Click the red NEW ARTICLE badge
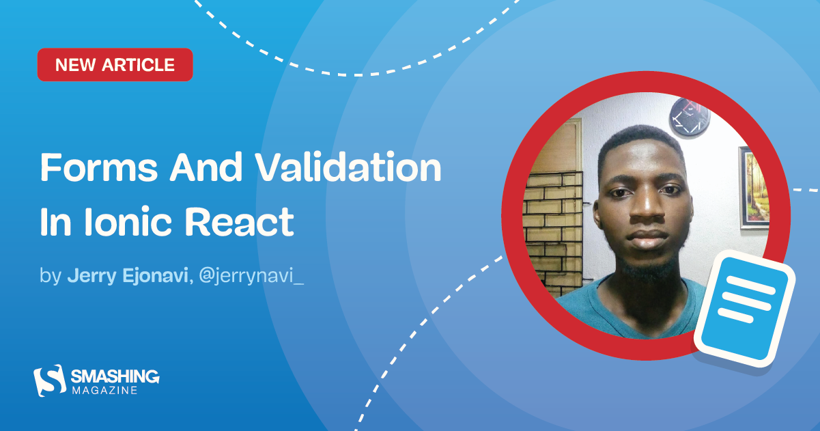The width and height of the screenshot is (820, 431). [x=115, y=65]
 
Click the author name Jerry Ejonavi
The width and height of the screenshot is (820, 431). [x=126, y=277]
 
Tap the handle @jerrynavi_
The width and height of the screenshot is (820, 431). [x=250, y=277]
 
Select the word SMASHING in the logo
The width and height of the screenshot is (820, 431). [x=115, y=376]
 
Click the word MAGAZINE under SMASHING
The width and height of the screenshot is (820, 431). [x=104, y=390]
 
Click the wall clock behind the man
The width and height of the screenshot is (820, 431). [x=689, y=115]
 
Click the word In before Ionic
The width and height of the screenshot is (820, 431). [x=55, y=223]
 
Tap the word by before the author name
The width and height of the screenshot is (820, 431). [x=51, y=278]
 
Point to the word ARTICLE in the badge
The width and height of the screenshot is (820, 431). [x=140, y=65]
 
